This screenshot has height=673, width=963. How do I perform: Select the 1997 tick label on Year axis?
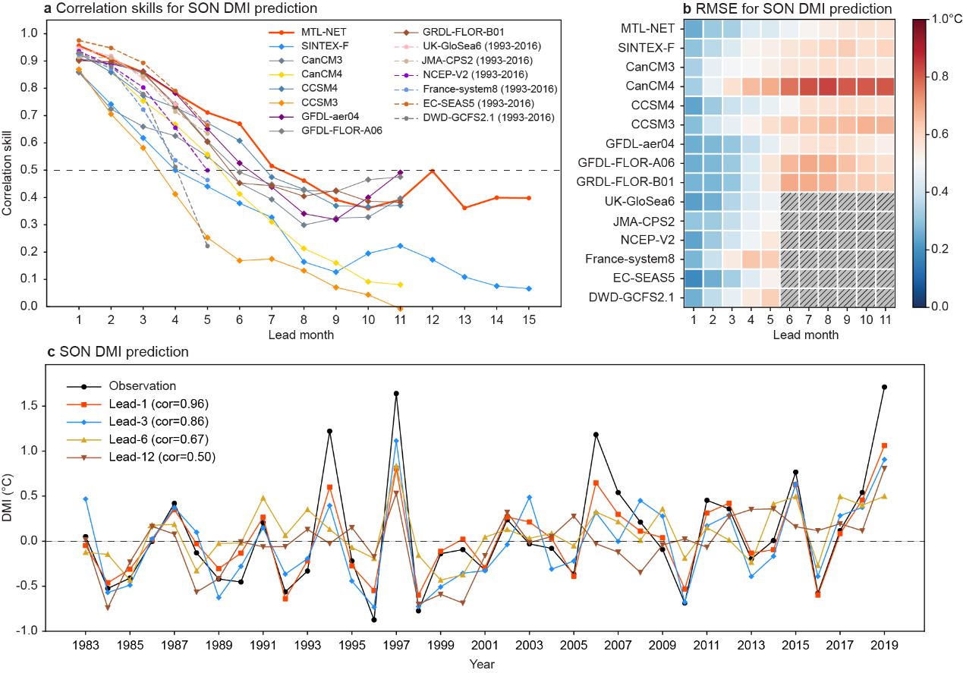coord(396,645)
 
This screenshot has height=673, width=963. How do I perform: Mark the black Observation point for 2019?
coord(885,387)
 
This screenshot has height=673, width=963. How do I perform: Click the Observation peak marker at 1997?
coord(396,394)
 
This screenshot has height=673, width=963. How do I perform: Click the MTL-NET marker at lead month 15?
coord(528,198)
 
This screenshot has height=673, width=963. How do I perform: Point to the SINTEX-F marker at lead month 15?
coord(528,288)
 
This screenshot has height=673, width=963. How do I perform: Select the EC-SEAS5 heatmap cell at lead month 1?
coord(692,278)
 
